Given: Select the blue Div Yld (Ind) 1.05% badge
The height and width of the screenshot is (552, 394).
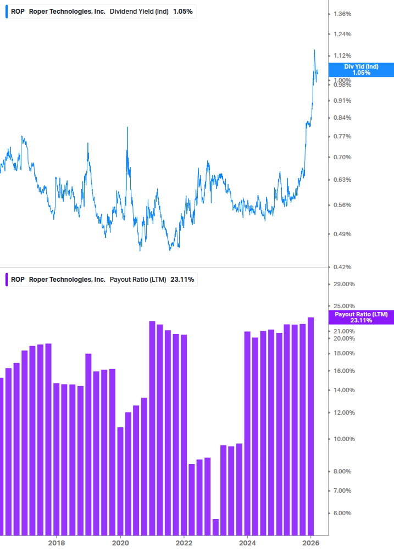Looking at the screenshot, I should [361, 70].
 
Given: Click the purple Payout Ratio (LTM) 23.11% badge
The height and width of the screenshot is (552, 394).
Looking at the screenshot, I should [361, 317].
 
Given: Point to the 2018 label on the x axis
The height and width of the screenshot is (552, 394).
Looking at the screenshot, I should [56, 543].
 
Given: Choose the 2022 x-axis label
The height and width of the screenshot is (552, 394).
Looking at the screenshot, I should [184, 543].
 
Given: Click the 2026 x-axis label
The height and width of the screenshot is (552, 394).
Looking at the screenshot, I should [311, 543].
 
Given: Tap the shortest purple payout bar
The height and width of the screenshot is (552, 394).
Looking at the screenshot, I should [215, 526].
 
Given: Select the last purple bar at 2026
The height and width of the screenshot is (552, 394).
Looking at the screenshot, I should [310, 426].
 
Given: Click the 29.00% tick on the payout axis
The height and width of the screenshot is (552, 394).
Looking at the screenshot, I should [344, 284].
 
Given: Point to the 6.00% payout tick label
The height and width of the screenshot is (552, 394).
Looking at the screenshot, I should [342, 513].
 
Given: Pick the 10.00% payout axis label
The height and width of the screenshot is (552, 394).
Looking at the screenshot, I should [344, 439].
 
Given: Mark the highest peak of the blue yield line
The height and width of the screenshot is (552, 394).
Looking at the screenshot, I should [314, 51].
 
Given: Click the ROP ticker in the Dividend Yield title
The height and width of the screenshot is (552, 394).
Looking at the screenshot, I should [18, 11].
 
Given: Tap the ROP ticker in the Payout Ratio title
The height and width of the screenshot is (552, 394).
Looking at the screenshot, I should [18, 279].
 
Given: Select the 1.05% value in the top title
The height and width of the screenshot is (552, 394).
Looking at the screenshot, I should [182, 11].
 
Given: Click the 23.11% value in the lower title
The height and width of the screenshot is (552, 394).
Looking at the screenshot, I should [182, 279].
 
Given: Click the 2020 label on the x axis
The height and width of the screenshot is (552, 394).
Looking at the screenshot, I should [120, 543].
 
